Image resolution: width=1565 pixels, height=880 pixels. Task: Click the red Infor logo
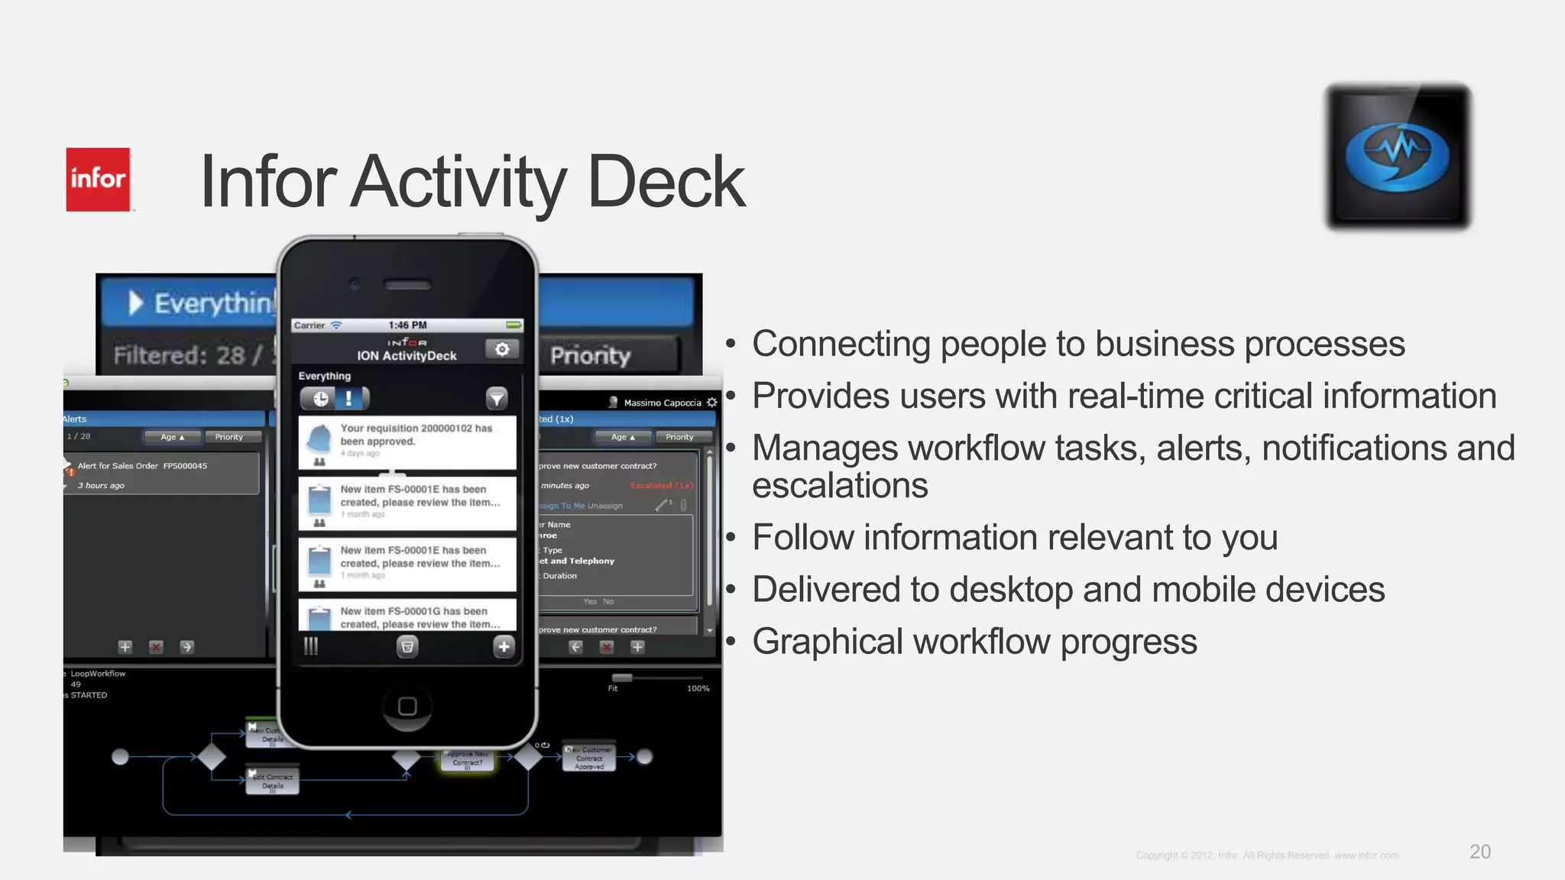[98, 180]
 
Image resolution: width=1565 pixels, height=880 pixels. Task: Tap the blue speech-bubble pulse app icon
[1398, 156]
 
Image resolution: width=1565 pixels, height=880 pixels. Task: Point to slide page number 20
[1479, 852]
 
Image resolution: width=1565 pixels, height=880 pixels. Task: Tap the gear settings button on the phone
[502, 349]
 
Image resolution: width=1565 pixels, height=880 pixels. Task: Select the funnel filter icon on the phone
[497, 398]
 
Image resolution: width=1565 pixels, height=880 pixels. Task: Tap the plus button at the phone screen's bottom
[504, 647]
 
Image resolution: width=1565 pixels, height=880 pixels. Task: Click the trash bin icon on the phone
[407, 647]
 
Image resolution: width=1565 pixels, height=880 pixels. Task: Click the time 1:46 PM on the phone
[407, 325]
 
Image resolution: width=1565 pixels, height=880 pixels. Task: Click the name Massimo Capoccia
[662, 403]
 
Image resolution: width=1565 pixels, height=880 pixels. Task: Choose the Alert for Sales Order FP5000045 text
[142, 466]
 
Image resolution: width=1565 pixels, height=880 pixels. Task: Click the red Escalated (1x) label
[661, 486]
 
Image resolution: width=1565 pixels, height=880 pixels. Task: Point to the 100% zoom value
[698, 688]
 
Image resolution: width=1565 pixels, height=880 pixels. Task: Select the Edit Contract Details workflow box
[273, 781]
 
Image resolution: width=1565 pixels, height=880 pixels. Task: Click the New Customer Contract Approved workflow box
[589, 758]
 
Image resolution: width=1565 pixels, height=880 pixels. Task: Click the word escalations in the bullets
[840, 486]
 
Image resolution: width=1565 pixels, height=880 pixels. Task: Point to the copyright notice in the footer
[1267, 856]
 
